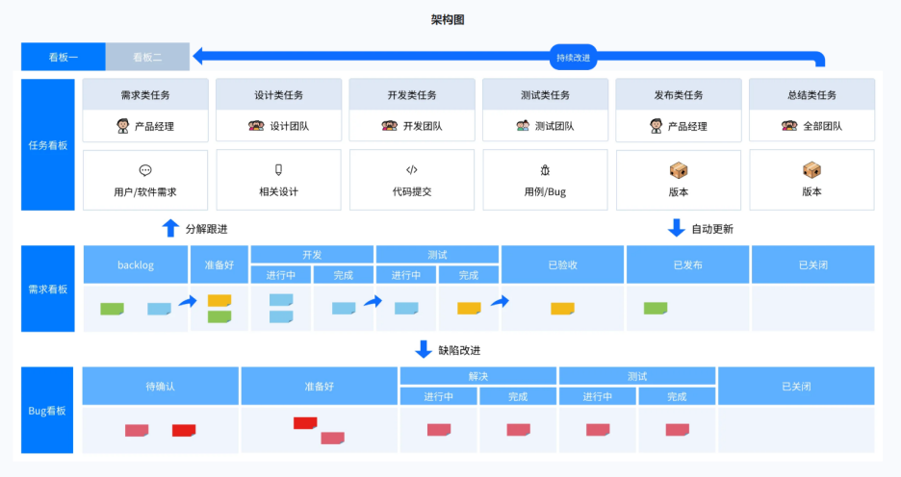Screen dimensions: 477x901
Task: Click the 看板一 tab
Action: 64,57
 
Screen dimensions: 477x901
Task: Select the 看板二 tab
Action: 147,57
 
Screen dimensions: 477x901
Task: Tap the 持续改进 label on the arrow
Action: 574,58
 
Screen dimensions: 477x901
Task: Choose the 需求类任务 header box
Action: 145,95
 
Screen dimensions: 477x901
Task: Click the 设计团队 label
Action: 279,126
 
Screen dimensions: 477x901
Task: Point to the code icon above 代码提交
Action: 411,170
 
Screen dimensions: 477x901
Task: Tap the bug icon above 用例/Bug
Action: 545,170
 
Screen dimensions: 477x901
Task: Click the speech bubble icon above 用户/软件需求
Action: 145,170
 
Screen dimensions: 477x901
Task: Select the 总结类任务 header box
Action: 811,95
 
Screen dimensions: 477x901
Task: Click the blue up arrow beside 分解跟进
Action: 170,228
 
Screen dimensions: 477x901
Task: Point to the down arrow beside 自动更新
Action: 676,228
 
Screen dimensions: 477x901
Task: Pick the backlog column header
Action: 136,264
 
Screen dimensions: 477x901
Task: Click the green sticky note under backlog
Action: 112,309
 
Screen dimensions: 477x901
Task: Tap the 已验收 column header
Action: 563,264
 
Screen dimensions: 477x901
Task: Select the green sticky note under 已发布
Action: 656,308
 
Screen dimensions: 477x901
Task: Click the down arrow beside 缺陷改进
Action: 424,349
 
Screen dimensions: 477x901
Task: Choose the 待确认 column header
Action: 160,386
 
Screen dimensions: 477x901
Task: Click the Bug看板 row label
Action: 47,411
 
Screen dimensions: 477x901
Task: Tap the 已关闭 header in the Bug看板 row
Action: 796,386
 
